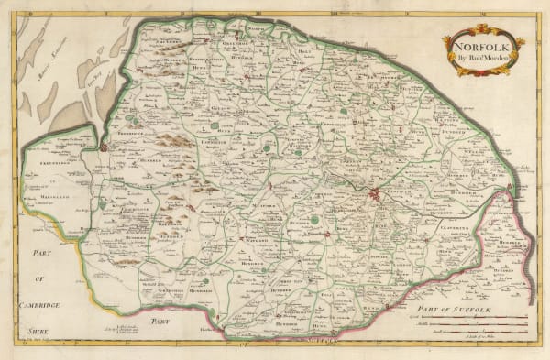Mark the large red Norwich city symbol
(x=376, y=193)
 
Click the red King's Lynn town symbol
(x=104, y=147)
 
